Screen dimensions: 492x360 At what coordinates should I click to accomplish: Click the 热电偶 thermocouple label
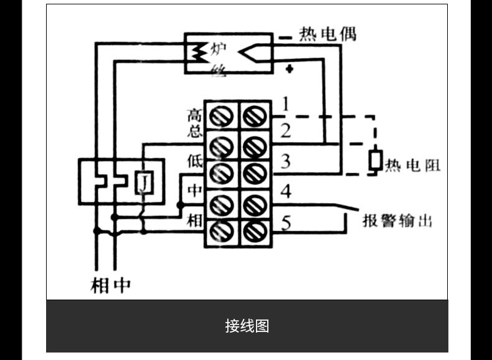pyautogui.click(x=327, y=34)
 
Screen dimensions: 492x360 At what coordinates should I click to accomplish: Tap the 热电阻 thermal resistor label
pyautogui.click(x=413, y=165)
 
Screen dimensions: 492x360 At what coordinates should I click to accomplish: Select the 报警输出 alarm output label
pyautogui.click(x=397, y=220)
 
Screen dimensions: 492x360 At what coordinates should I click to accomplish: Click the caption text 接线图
pyautogui.click(x=247, y=326)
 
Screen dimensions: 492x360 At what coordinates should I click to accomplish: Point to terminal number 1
pyautogui.click(x=285, y=104)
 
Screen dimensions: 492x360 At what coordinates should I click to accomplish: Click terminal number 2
pyautogui.click(x=285, y=131)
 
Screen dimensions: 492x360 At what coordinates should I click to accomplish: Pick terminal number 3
pyautogui.click(x=285, y=161)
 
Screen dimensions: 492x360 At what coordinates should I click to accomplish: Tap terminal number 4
pyautogui.click(x=285, y=191)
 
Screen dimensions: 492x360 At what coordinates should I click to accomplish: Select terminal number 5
pyautogui.click(x=286, y=222)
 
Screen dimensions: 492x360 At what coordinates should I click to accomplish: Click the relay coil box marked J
pyautogui.click(x=144, y=182)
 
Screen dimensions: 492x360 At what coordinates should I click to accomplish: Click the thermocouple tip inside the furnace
pyautogui.click(x=239, y=52)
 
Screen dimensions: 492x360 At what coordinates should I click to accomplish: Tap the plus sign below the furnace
pyautogui.click(x=290, y=69)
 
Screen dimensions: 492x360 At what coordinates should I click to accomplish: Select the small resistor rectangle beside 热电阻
pyautogui.click(x=376, y=161)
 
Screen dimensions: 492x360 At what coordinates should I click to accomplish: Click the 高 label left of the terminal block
pyautogui.click(x=194, y=115)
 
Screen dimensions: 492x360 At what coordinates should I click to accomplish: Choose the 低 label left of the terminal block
pyautogui.click(x=194, y=161)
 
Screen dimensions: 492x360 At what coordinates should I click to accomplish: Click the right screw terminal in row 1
pyautogui.click(x=255, y=116)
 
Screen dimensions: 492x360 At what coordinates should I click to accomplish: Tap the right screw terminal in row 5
pyautogui.click(x=255, y=232)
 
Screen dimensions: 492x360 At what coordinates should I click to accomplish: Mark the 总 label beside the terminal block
pyautogui.click(x=194, y=131)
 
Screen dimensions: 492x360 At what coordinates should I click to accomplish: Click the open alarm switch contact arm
pyautogui.click(x=347, y=207)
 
